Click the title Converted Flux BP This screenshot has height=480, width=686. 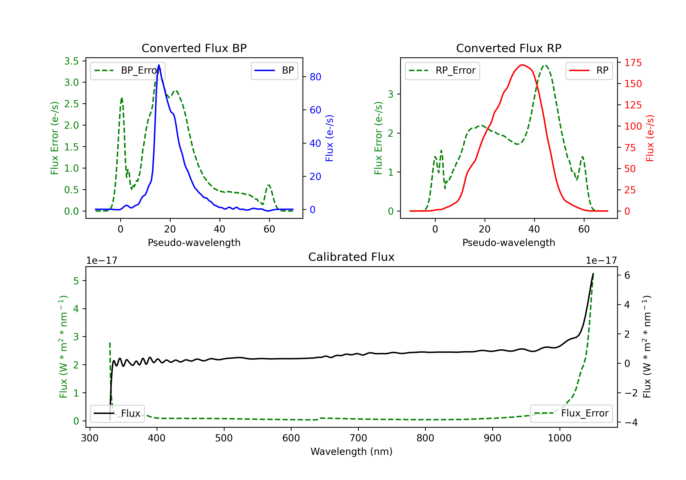[194, 48]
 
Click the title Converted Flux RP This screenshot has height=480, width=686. [509, 48]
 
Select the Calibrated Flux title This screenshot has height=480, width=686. [351, 257]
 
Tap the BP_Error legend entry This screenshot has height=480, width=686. [128, 70]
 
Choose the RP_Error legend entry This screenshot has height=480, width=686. [442, 70]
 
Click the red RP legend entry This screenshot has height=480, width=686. [589, 70]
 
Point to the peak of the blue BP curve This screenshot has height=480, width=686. [159, 65]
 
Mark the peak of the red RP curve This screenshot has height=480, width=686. [522, 65]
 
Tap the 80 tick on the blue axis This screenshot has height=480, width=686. [316, 77]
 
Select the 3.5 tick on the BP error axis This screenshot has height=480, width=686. [71, 61]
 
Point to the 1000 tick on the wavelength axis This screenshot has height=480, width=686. [559, 438]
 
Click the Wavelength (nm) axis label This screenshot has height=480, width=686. [351, 452]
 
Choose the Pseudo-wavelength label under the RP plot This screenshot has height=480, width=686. [509, 243]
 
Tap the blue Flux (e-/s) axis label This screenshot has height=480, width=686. [329, 138]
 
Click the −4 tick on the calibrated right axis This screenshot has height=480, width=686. [631, 422]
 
